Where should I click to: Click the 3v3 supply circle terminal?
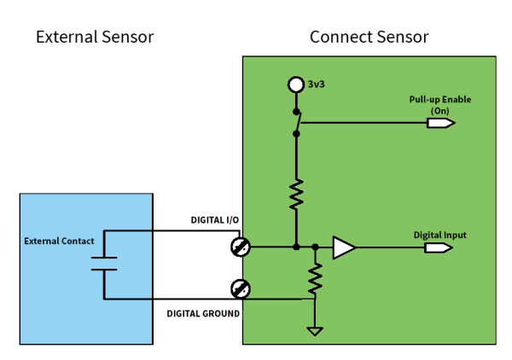tap(296, 84)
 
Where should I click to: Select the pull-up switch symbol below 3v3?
tap(297, 121)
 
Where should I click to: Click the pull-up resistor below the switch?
tap(296, 194)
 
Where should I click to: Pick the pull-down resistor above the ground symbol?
tap(315, 277)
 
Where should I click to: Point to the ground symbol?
tap(315, 331)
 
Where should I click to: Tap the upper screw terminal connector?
tap(241, 247)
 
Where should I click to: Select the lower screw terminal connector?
tap(241, 288)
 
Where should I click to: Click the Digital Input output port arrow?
tap(439, 248)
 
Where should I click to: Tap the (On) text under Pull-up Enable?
tap(440, 110)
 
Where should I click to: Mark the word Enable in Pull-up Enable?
tap(455, 100)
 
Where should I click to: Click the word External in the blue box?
tap(41, 241)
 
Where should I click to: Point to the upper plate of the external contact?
tap(104, 256)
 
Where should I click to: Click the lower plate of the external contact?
tap(104, 269)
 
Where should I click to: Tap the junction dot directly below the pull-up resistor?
tap(296, 247)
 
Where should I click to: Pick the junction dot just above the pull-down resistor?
tap(315, 247)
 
